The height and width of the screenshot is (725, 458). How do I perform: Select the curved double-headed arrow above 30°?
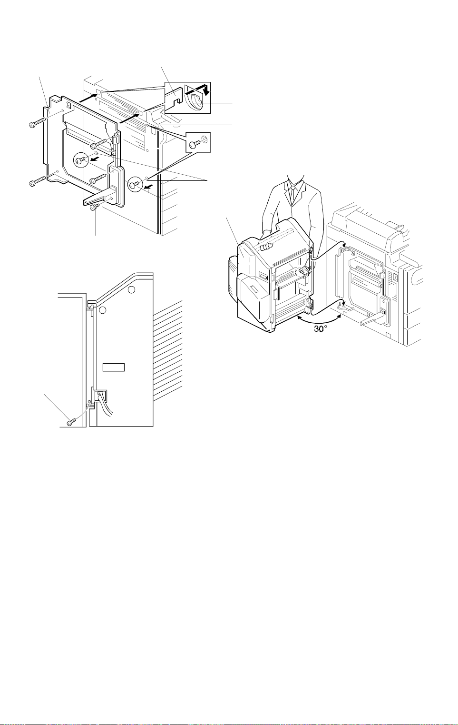[x=319, y=320]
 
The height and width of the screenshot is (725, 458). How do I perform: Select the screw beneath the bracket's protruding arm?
[x=95, y=207]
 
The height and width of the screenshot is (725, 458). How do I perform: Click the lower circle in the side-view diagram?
[x=102, y=310]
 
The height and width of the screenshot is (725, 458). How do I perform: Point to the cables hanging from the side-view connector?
[x=107, y=405]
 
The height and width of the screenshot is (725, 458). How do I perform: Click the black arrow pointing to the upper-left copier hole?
[x=88, y=98]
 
